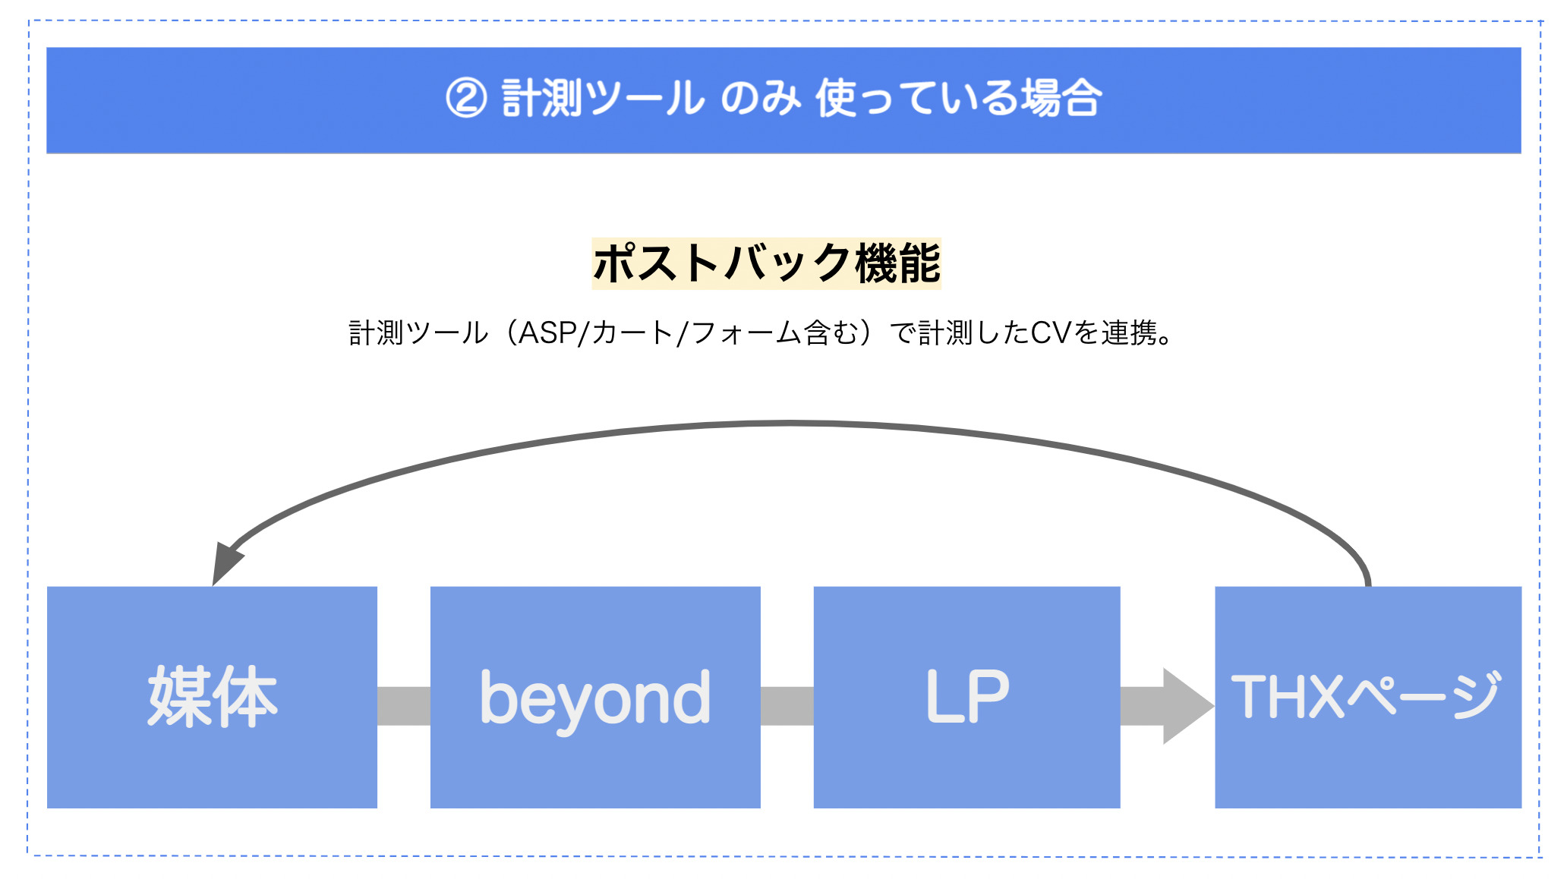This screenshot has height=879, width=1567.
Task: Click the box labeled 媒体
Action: (x=212, y=697)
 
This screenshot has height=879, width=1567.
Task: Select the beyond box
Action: (x=595, y=697)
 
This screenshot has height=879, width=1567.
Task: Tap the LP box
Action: (x=966, y=697)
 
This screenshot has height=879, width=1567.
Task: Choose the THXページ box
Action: (x=1368, y=697)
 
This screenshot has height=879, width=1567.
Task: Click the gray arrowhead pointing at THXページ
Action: (x=1187, y=706)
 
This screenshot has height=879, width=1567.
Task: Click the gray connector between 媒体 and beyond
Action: (x=404, y=706)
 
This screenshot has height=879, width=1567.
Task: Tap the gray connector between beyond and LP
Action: (x=787, y=706)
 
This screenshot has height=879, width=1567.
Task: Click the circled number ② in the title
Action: (x=466, y=99)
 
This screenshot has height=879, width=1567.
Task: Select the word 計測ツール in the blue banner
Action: (x=603, y=99)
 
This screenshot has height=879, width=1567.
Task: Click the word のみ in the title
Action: (x=760, y=99)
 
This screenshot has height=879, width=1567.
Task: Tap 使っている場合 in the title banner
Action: (x=959, y=99)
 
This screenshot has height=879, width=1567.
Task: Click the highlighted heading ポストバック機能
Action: (x=767, y=263)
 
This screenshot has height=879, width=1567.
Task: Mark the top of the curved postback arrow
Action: (x=790, y=424)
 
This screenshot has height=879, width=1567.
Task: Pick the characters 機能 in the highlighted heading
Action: (x=898, y=263)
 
